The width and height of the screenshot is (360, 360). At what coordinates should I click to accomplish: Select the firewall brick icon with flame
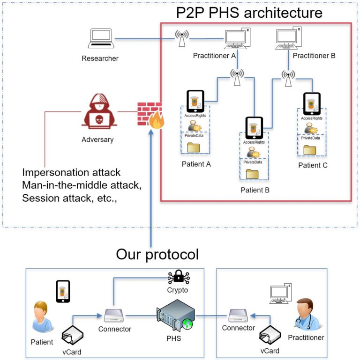150,115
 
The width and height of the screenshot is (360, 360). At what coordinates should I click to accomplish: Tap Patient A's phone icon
195,101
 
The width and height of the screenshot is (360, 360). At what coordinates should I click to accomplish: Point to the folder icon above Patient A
193,147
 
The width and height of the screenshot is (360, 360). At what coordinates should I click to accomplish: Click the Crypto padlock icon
178,278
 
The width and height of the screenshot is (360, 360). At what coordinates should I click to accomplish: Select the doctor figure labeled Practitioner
306,314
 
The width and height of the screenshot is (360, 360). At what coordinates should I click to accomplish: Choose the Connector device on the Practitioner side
238,315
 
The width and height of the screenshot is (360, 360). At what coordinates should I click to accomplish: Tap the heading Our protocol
157,254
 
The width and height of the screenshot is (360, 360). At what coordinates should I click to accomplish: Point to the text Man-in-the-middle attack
81,185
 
